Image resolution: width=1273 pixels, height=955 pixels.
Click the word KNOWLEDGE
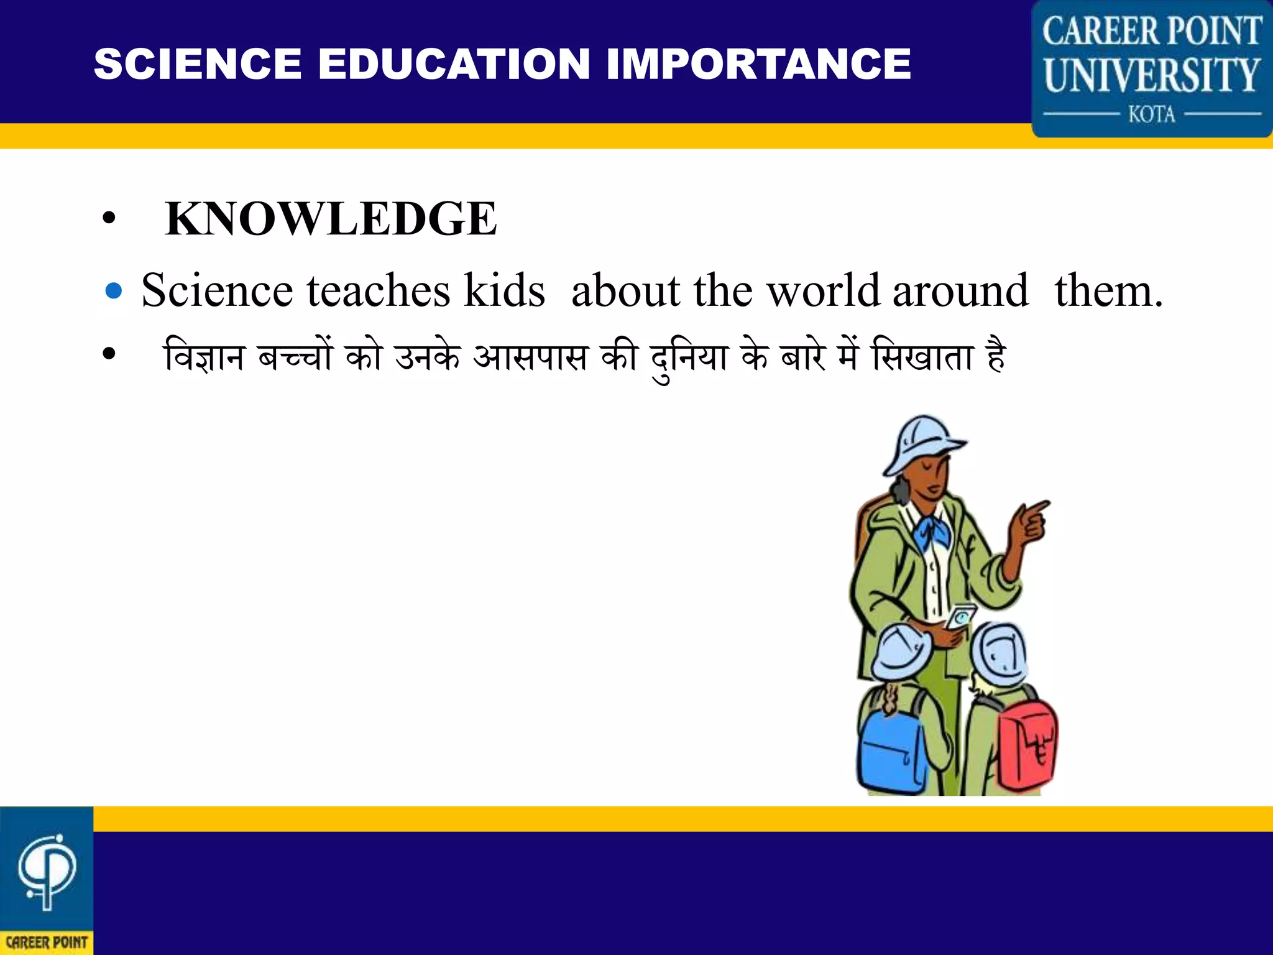coord(331,219)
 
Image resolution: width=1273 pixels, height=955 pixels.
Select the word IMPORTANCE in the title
coord(758,64)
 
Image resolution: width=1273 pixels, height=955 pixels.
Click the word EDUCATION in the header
coord(454,64)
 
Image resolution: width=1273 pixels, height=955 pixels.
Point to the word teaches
coord(378,290)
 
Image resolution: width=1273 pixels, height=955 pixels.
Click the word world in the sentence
coord(823,290)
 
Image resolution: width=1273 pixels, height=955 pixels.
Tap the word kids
coord(504,290)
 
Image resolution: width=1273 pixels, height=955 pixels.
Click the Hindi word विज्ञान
coord(204,358)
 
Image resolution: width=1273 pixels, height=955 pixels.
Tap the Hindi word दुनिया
coord(689,359)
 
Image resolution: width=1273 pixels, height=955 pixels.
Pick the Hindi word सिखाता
coord(922,358)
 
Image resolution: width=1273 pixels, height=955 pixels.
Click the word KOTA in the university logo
coord(1152,114)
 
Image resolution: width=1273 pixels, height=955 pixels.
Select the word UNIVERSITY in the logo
coord(1152,75)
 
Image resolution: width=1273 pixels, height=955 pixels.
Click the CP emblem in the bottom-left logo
coord(47,870)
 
